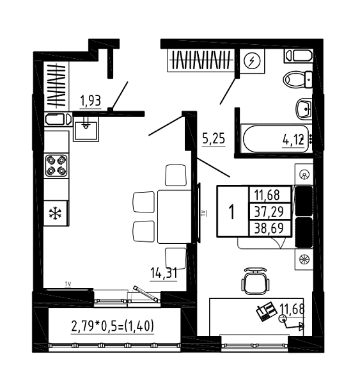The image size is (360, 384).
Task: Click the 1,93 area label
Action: [91, 101]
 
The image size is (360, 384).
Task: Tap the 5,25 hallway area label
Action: [214, 139]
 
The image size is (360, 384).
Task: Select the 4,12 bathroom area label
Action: [293, 140]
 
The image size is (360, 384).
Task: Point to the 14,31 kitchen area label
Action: [164, 273]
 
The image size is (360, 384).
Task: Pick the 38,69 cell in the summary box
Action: [269, 228]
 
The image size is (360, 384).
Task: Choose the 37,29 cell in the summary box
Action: [269, 212]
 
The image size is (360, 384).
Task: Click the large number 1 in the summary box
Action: [231, 212]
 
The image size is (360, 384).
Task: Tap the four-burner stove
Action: [56, 166]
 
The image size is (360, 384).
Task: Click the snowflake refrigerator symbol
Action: [55, 213]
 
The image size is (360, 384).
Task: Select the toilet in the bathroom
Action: [297, 79]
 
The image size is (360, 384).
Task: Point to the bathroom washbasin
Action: [304, 109]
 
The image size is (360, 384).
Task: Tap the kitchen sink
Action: [86, 129]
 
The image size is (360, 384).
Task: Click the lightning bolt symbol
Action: [252, 61]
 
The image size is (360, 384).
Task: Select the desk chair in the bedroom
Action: [254, 282]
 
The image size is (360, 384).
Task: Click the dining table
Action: [175, 216]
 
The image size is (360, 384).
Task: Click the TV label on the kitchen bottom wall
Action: [68, 284]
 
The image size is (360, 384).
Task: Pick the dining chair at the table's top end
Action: [175, 175]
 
